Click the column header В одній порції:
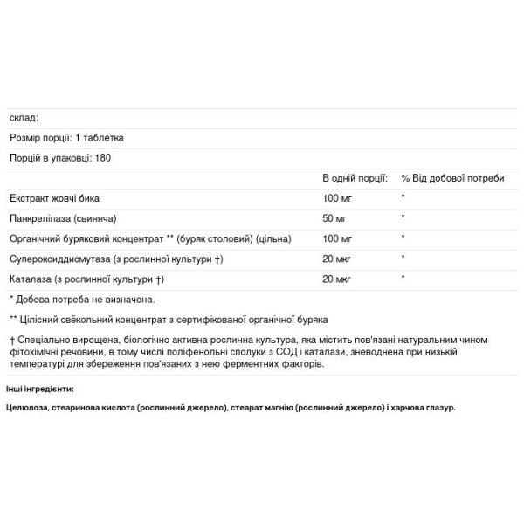pos(355,178)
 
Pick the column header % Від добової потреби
pos(452,178)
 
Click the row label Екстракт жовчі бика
pos(55,198)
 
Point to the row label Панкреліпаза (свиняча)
pos(65,218)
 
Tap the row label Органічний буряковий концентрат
pos(148,238)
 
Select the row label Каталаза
pos(86,279)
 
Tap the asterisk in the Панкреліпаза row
pos(403,218)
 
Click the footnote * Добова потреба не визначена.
pos(81,300)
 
